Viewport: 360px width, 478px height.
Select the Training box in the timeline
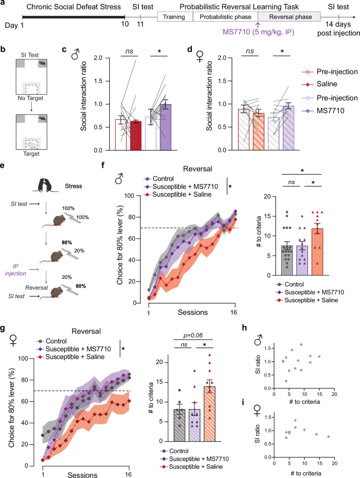[x=176, y=16]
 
